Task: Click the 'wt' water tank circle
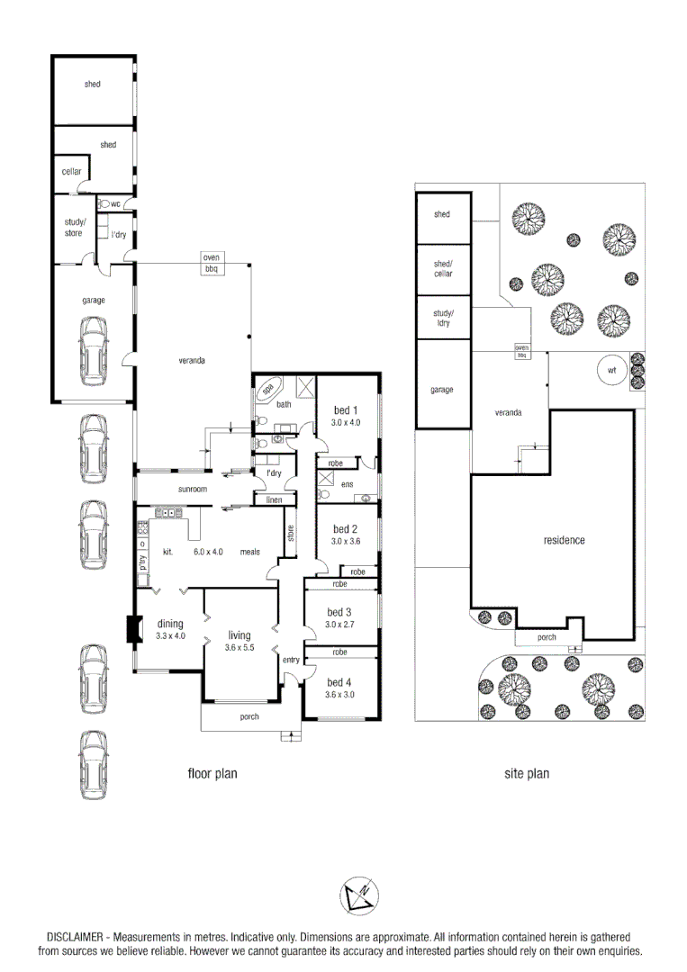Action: (611, 370)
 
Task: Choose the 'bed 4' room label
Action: (339, 681)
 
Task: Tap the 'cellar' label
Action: (71, 172)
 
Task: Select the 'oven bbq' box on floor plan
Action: (212, 263)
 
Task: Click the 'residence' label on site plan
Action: (564, 540)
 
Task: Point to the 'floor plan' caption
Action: (212, 773)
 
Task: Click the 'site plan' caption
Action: (527, 773)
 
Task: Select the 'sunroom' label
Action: (193, 490)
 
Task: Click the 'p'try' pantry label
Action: (142, 563)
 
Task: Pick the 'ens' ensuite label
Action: (347, 484)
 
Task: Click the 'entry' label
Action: (291, 661)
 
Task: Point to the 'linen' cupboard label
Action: (274, 499)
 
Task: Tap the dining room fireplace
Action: (133, 629)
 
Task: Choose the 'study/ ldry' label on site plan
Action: (442, 318)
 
